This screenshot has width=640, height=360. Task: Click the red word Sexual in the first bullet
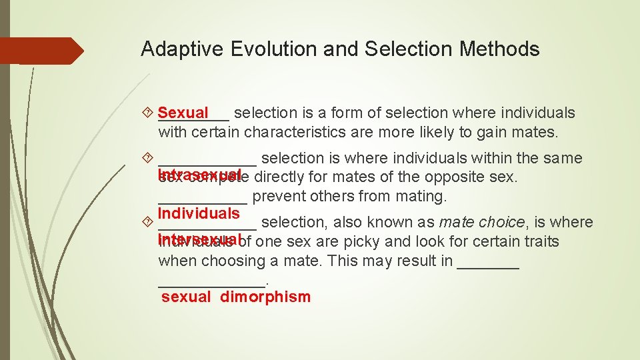tap(183, 113)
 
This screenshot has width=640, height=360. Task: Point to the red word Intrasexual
tap(199, 175)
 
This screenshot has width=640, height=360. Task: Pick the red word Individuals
tap(199, 213)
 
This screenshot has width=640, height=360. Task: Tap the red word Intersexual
tap(199, 239)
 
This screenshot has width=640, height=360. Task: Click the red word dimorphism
tap(265, 297)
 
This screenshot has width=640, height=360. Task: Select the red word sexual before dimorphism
tap(186, 297)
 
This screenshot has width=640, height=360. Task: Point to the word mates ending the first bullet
tap(534, 132)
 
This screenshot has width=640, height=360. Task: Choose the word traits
tap(539, 241)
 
